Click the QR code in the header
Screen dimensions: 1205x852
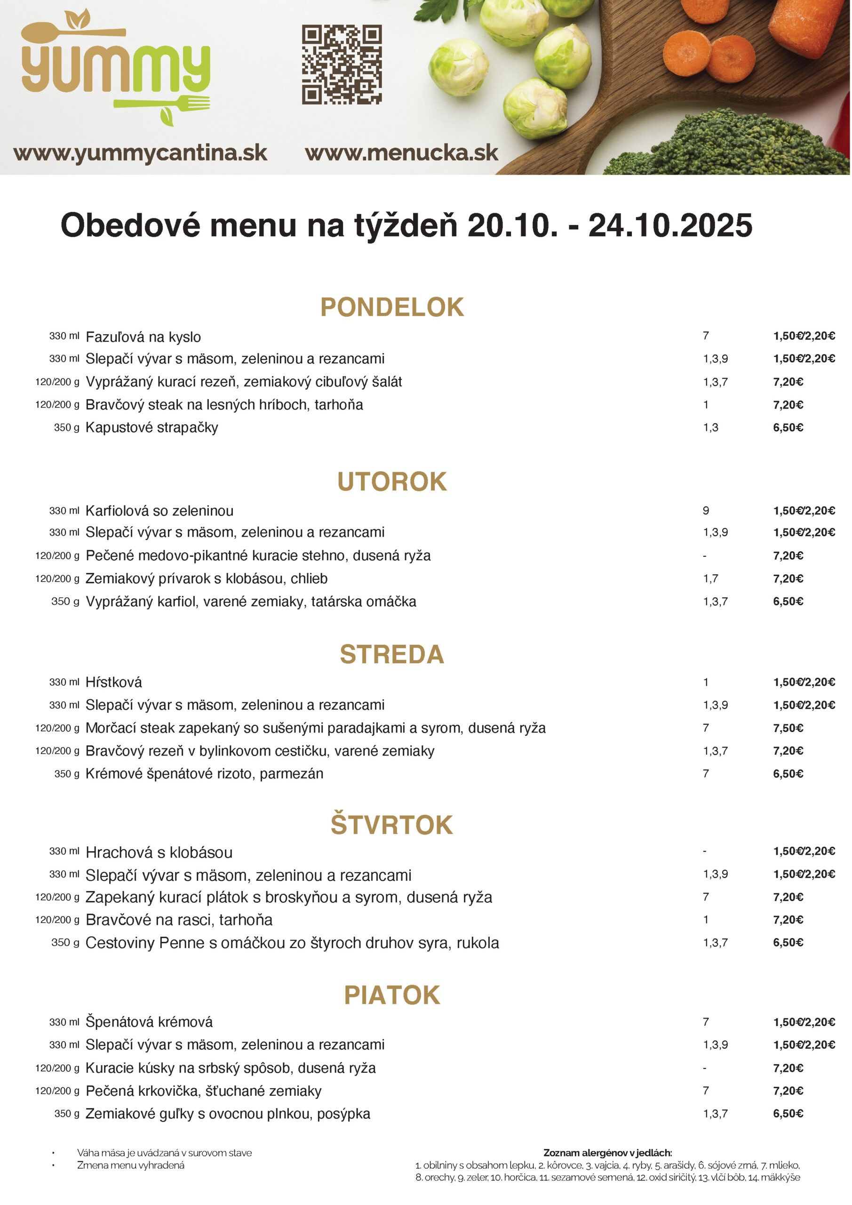(x=342, y=64)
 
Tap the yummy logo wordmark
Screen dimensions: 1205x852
(x=115, y=68)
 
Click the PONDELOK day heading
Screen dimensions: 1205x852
(x=392, y=307)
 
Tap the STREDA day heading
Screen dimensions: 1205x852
(x=392, y=654)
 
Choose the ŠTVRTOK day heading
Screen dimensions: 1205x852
(x=392, y=825)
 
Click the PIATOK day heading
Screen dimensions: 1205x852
(x=392, y=995)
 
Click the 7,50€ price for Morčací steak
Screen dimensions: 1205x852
(x=788, y=728)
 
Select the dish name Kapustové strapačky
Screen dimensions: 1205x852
(x=151, y=428)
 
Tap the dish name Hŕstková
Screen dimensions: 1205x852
(x=113, y=682)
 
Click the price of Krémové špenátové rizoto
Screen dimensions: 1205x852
(x=788, y=773)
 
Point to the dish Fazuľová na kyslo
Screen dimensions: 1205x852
(x=143, y=337)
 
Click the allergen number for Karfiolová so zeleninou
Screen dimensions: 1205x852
(x=706, y=511)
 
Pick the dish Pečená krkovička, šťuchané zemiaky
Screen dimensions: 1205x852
(x=204, y=1091)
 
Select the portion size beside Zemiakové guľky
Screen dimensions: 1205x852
(x=67, y=1114)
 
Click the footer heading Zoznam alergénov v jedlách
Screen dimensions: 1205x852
(x=607, y=1153)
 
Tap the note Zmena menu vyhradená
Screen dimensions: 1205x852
(x=131, y=1165)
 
